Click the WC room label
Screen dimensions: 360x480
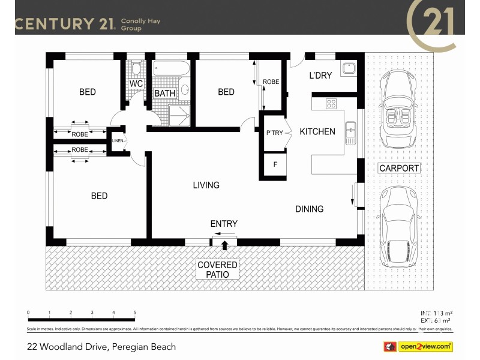click(x=136, y=84)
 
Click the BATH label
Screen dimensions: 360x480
click(x=164, y=94)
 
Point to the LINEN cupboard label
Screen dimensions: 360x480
click(x=117, y=141)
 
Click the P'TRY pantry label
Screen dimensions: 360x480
click(x=274, y=133)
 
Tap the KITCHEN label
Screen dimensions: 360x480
click(x=317, y=131)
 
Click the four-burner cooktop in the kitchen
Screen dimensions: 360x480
click(x=331, y=104)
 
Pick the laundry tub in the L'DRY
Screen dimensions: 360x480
click(x=348, y=68)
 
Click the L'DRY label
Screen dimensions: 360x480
click(x=320, y=76)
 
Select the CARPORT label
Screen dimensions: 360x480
click(x=399, y=168)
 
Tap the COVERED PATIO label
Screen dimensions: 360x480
click(x=217, y=269)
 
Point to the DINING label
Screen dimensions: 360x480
click(x=309, y=209)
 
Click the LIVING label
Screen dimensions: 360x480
click(x=206, y=185)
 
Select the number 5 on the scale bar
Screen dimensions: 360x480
click(x=135, y=313)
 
